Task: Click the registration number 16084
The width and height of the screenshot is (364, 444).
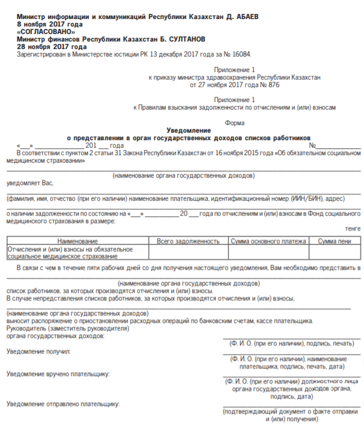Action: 242,54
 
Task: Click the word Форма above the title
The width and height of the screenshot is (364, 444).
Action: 235,123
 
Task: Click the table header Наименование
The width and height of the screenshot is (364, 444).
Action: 77,240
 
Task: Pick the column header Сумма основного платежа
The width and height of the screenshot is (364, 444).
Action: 268,240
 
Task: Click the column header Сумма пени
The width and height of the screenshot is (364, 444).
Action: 335,240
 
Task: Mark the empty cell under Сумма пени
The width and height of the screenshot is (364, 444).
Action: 335,252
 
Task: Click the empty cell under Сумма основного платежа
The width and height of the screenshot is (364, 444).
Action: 268,252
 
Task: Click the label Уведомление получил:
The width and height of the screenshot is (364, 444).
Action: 38,351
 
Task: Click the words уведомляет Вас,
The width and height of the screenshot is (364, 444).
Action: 30,183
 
